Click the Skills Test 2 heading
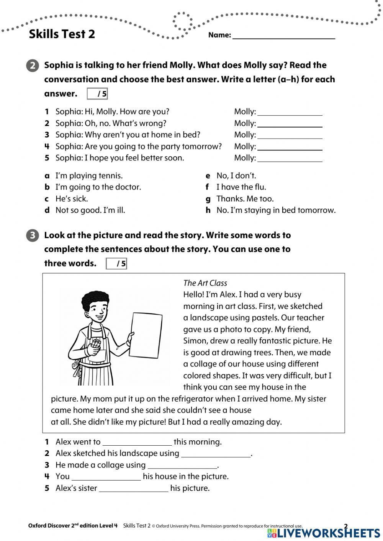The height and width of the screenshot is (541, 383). (x=62, y=34)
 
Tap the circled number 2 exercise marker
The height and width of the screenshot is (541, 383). (x=33, y=65)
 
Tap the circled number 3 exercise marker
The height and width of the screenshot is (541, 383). (x=33, y=235)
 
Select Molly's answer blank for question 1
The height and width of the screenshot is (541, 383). (x=290, y=112)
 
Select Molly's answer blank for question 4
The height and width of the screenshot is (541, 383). (x=290, y=147)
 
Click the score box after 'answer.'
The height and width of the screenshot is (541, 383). (x=97, y=94)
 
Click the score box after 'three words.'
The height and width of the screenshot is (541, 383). (x=116, y=264)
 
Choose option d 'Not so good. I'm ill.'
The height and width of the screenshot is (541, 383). (x=90, y=210)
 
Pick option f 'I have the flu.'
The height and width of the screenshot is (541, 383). (x=241, y=187)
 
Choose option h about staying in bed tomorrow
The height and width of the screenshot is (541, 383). (x=275, y=210)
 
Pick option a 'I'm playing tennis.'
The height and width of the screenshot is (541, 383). (x=89, y=176)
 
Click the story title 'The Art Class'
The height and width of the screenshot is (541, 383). (x=205, y=283)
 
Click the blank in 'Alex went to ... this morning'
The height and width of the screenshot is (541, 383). (x=137, y=442)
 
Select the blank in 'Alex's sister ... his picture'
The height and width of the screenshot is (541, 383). (x=133, y=489)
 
